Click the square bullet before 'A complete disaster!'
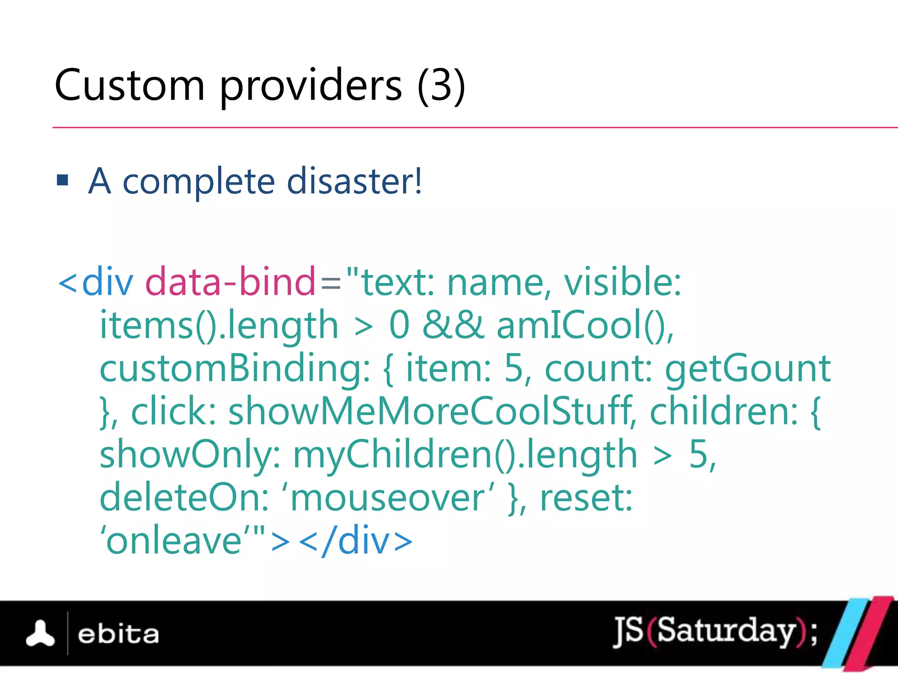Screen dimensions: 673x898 63,180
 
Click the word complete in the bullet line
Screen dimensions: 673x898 199,181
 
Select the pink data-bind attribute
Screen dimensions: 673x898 230,282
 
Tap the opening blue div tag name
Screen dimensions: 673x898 107,282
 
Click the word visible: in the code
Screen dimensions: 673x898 622,282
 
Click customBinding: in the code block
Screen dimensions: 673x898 235,368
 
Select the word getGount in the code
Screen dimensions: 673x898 748,368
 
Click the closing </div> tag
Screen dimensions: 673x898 355,541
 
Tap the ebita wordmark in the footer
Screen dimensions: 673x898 118,634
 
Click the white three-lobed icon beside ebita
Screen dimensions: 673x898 40,634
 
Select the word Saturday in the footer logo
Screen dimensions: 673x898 726,631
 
